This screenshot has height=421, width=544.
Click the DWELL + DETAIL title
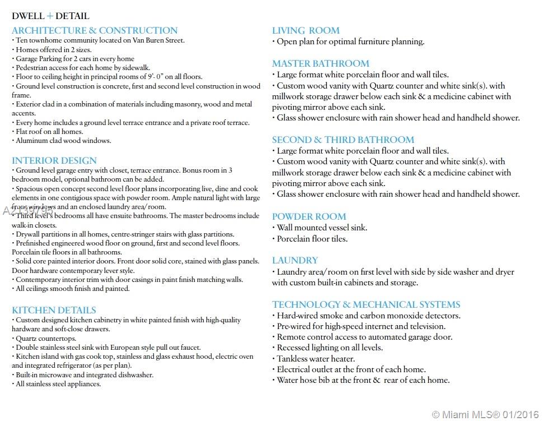(x=50, y=16)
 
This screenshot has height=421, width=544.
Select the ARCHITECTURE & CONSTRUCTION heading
(x=95, y=30)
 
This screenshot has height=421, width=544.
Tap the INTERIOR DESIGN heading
(x=54, y=160)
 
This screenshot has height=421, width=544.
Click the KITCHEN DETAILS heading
(x=54, y=310)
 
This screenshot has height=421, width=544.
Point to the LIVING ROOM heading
(x=306, y=30)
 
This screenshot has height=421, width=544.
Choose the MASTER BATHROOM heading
(x=321, y=63)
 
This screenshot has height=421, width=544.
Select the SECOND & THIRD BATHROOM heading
(x=343, y=140)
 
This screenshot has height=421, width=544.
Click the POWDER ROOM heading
(x=309, y=216)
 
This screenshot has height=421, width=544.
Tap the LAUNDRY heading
(x=295, y=260)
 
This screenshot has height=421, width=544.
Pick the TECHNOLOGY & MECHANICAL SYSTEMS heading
(x=366, y=304)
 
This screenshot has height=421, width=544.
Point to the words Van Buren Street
(x=158, y=40)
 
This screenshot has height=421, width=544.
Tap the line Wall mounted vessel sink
(x=322, y=228)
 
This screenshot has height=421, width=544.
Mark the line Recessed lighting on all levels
(x=330, y=348)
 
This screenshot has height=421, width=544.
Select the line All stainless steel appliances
(x=58, y=384)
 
